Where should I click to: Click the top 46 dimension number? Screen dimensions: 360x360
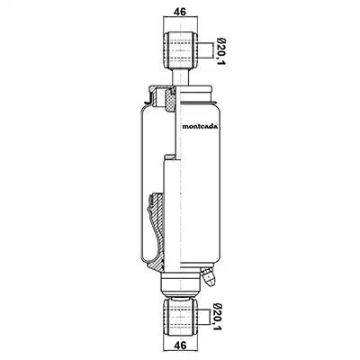pos(180,12)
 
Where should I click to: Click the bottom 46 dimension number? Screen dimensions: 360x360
pos(180,345)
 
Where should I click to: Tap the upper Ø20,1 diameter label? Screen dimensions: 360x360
pos(221,51)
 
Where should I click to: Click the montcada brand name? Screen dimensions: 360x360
pos(200,126)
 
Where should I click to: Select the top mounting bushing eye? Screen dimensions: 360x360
pos(180,50)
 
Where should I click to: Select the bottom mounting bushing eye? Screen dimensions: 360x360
pos(180,318)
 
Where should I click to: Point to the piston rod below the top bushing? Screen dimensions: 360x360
pos(181,77)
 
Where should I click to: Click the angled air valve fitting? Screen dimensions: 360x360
pos(208,276)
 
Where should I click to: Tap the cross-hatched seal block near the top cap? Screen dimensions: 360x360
pos(170,101)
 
